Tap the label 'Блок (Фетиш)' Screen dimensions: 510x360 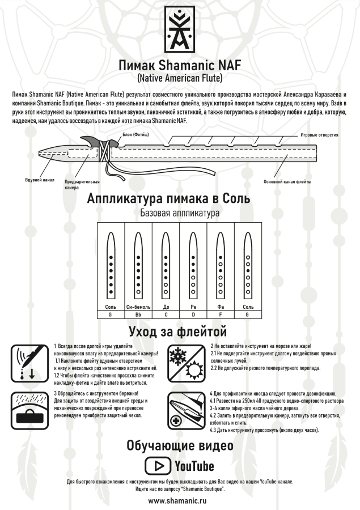[x=135, y=135]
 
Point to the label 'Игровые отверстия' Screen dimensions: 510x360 [x=319, y=135]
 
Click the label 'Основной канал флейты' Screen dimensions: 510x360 [x=287, y=182]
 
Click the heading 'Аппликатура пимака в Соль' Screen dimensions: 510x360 [x=180, y=199]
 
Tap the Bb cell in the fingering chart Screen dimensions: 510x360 [x=138, y=313]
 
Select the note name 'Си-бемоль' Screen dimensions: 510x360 [x=138, y=306]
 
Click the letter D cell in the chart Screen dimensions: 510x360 [x=193, y=313]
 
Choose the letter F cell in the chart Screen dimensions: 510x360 [x=221, y=313]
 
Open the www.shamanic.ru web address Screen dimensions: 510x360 [x=180, y=501]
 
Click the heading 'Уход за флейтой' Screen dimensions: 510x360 [x=180, y=330]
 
